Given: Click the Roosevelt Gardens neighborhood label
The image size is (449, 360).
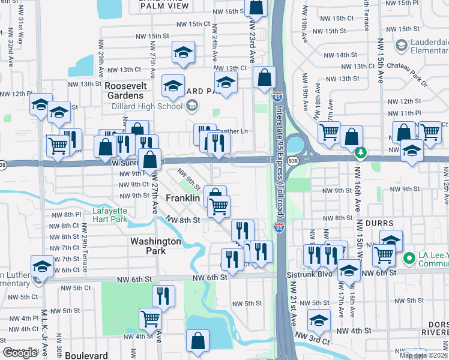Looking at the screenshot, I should [x=124, y=91].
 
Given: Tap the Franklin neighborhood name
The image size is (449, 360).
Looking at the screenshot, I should [x=182, y=198].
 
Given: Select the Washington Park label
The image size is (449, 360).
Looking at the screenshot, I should [x=155, y=246].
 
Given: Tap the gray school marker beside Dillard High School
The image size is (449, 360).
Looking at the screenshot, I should [x=191, y=106].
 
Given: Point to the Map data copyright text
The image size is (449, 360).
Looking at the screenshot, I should [x=423, y=355].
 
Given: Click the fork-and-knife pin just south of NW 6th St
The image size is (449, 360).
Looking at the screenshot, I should [x=163, y=295].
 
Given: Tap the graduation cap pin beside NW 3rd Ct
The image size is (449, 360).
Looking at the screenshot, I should [x=319, y=320].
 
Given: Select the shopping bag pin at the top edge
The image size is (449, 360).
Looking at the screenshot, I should [x=256, y=7].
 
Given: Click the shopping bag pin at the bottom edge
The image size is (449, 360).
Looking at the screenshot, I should [x=197, y=341].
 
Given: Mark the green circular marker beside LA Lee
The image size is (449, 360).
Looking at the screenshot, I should [x=409, y=259].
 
